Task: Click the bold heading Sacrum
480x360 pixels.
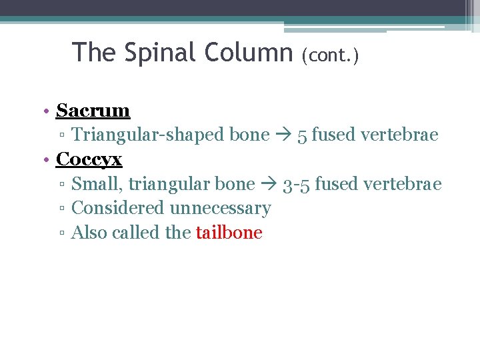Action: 93,110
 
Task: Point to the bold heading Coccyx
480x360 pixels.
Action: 89,159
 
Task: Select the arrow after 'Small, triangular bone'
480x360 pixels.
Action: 269,184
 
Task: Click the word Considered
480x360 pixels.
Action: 118,208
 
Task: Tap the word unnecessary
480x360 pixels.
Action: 220,209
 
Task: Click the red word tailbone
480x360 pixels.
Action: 229,233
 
